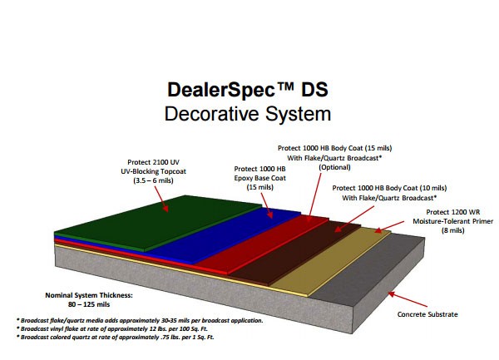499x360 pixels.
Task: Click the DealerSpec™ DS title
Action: pos(248,90)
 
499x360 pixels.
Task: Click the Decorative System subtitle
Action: pos(248,114)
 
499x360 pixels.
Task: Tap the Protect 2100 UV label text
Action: pos(153,162)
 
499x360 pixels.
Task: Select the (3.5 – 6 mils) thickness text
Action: pos(153,180)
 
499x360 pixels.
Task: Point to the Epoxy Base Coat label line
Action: pos(260,178)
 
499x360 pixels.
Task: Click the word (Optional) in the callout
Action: pos(334,167)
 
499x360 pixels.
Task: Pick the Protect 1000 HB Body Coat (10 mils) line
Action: pos(389,188)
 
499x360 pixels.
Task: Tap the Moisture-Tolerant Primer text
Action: pos(453,221)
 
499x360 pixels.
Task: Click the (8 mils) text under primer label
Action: pos(453,230)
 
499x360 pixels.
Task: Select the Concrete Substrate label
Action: pos(427,314)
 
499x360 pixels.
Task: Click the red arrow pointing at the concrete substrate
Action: pos(408,299)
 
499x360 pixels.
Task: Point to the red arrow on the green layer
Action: pos(161,199)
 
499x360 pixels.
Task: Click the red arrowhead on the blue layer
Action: pos(270,215)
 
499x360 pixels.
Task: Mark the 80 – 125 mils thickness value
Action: pos(89,304)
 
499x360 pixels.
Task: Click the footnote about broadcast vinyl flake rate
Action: pos(112,329)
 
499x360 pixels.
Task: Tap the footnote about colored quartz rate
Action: pos(116,337)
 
